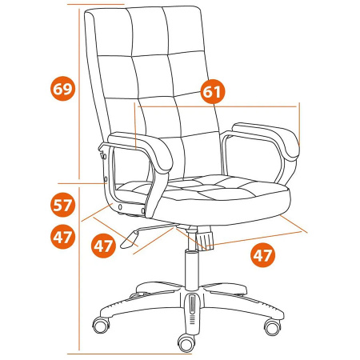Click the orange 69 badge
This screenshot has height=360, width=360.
tap(62, 89)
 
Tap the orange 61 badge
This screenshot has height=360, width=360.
tap(213, 91)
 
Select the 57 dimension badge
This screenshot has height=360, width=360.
tap(62, 205)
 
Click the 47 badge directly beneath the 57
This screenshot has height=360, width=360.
tap(62, 237)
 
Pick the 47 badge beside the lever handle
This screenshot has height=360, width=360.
tap(103, 246)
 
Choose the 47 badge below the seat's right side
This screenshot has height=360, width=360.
tap(262, 255)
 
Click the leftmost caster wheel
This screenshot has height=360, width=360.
tap(101, 325)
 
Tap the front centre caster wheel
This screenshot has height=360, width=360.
tap(186, 343)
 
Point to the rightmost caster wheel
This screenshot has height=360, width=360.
tap(272, 326)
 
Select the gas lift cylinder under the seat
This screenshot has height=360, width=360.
tap(192, 270)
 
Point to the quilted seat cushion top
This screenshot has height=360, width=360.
tap(202, 187)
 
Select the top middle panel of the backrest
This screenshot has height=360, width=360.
tap(150, 31)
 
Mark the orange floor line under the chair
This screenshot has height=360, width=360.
tap(130, 354)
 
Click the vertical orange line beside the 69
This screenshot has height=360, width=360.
tap(79, 94)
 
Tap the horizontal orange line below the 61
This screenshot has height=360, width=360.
tap(218, 106)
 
